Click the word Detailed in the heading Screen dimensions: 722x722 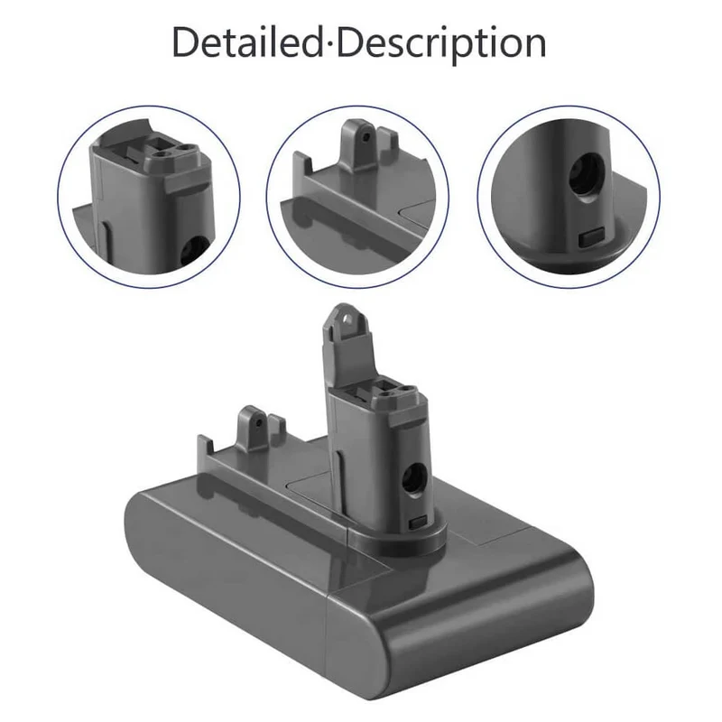(247, 42)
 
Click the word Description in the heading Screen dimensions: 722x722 (442, 43)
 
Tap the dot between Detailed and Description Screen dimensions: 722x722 (330, 44)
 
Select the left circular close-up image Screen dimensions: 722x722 (149, 197)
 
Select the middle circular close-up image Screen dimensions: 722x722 (357, 197)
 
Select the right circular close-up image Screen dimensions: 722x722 (569, 197)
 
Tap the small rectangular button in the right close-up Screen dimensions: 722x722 (591, 237)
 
